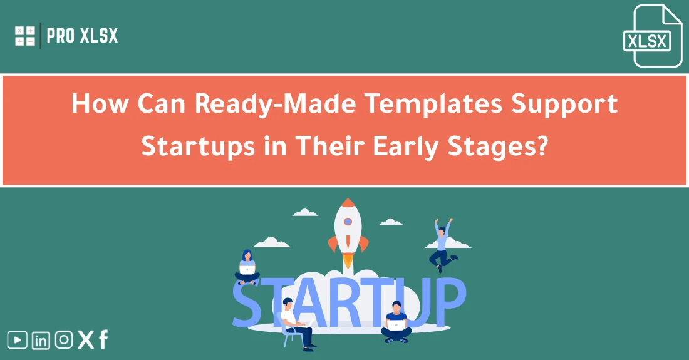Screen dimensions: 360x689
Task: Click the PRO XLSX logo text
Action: [x=82, y=36]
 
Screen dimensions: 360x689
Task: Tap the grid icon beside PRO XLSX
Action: [x=25, y=36]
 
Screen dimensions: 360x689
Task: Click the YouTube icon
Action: [x=18, y=340]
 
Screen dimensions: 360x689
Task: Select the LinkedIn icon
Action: [x=41, y=340]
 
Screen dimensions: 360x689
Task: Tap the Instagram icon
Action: [x=63, y=340]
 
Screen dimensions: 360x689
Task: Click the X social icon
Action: [x=85, y=340]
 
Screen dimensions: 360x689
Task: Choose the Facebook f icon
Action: [x=103, y=340]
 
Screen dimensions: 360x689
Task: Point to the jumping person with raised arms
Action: [x=442, y=244]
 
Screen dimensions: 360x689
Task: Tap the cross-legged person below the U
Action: [x=396, y=322]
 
